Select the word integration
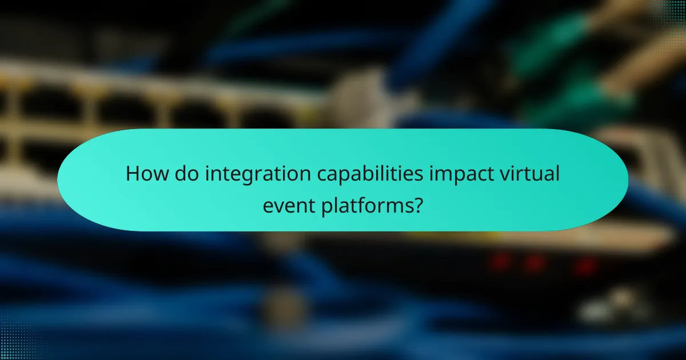point(250,174)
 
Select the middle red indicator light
point(535,263)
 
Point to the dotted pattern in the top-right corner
point(669,14)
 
